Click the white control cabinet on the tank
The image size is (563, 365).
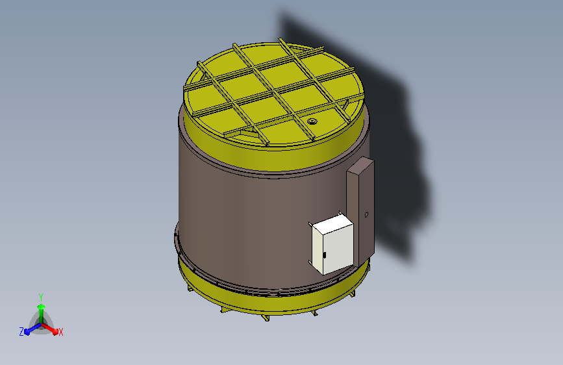tap(332, 244)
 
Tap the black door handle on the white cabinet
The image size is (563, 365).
tap(325, 255)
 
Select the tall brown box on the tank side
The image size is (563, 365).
tap(360, 210)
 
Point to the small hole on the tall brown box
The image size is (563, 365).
tap(366, 214)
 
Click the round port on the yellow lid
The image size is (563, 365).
tap(312, 121)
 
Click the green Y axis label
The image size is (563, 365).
tap(41, 297)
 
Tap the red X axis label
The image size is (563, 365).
tap(60, 333)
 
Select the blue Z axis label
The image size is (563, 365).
tap(21, 332)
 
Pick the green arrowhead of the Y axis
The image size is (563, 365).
tap(42, 307)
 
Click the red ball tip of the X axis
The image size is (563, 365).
tap(55, 332)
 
